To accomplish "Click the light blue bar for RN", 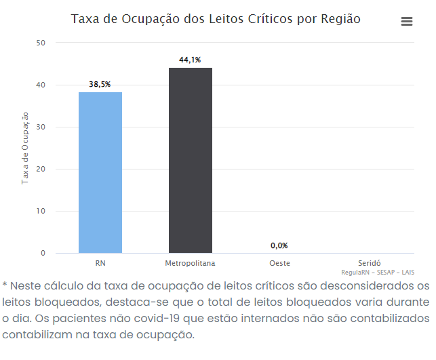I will (x=100, y=173).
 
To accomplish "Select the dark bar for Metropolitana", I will (x=191, y=161).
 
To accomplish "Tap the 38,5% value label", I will (x=100, y=85).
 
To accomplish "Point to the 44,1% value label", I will (x=190, y=60).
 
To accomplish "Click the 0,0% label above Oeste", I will (x=279, y=245).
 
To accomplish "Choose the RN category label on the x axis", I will (x=100, y=262).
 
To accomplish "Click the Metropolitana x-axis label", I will (x=190, y=262).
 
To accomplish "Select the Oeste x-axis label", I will (x=279, y=262).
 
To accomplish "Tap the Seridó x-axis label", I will (x=370, y=262).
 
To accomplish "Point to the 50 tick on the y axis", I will (x=41, y=43).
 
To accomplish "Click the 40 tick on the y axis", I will (x=41, y=85).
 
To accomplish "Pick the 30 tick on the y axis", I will (x=41, y=127).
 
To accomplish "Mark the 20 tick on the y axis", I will (x=41, y=169).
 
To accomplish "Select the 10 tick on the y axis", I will (x=41, y=211).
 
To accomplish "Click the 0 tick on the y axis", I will (x=43, y=253).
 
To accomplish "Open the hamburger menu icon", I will (x=407, y=21).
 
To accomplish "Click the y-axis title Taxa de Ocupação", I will (x=25, y=148).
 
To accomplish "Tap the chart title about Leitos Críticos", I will (x=216, y=19).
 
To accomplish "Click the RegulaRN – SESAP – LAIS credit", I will (x=378, y=271).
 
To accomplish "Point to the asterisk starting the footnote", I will (x=5, y=284).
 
